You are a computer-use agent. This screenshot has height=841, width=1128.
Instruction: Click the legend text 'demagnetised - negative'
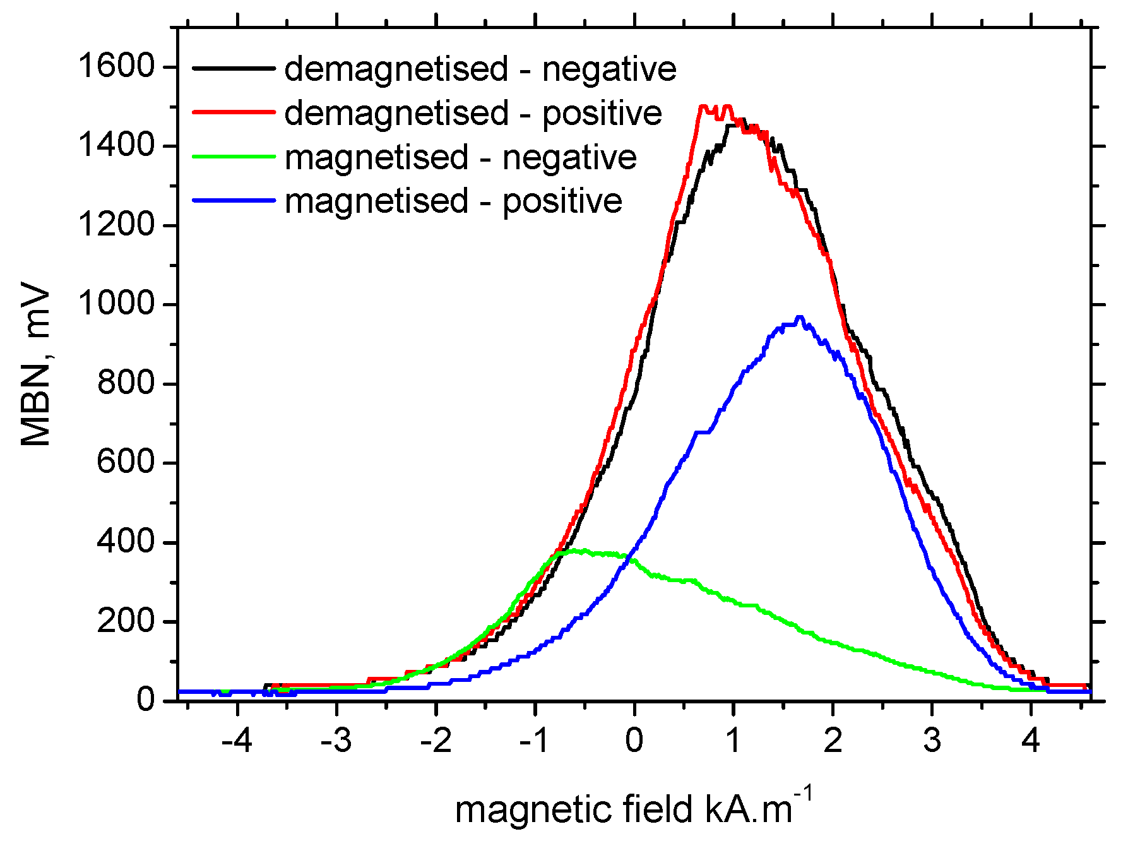[x=480, y=69]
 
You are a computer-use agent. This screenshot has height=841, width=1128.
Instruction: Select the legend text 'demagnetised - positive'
[x=473, y=113]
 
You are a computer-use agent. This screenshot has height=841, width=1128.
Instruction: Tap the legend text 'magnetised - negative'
[x=460, y=157]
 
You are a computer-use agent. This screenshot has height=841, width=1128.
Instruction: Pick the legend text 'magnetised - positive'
[x=453, y=201]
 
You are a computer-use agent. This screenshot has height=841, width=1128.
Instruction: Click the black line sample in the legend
[x=234, y=67]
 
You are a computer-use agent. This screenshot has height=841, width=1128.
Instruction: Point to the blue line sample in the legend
[x=234, y=200]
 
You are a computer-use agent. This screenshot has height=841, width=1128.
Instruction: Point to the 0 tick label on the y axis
[x=146, y=700]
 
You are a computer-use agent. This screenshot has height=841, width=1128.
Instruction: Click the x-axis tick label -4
[x=237, y=741]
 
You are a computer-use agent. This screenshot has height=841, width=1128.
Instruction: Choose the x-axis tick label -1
[x=535, y=741]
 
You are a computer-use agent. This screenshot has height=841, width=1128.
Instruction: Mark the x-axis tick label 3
[x=932, y=741]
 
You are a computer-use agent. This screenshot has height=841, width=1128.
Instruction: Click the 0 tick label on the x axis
[x=634, y=741]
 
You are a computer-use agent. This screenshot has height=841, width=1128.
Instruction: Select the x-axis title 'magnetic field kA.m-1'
[x=633, y=808]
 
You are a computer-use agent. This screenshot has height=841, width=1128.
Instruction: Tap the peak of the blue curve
[x=800, y=318]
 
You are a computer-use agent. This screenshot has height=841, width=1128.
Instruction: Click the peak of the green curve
[x=584, y=550]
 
